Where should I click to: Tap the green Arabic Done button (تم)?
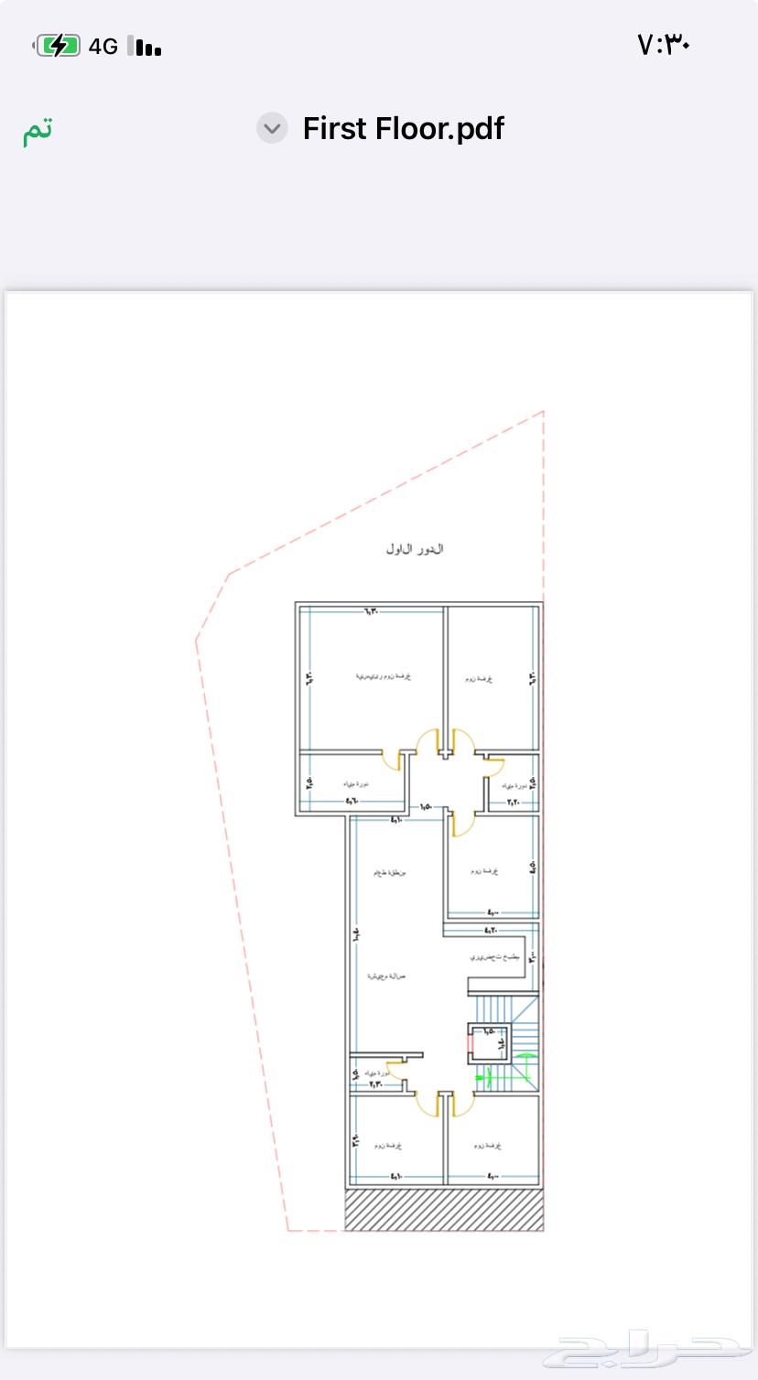pos(38,130)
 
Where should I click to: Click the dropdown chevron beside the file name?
pos(272,129)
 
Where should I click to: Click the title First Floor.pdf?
pos(403,129)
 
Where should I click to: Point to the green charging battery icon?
pos(58,46)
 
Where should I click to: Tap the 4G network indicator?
pos(103,47)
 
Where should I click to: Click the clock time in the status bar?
pos(663,44)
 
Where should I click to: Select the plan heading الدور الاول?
pos(415,549)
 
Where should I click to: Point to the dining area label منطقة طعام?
pos(389,872)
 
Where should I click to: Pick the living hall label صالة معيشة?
pos(386,976)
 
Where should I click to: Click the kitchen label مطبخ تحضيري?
pos(494,957)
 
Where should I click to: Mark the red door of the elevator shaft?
pos(470,1041)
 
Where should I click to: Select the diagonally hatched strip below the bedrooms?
pos(444,1209)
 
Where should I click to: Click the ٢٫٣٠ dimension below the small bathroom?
pos(375,1084)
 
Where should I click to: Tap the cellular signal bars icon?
pos(145,47)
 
